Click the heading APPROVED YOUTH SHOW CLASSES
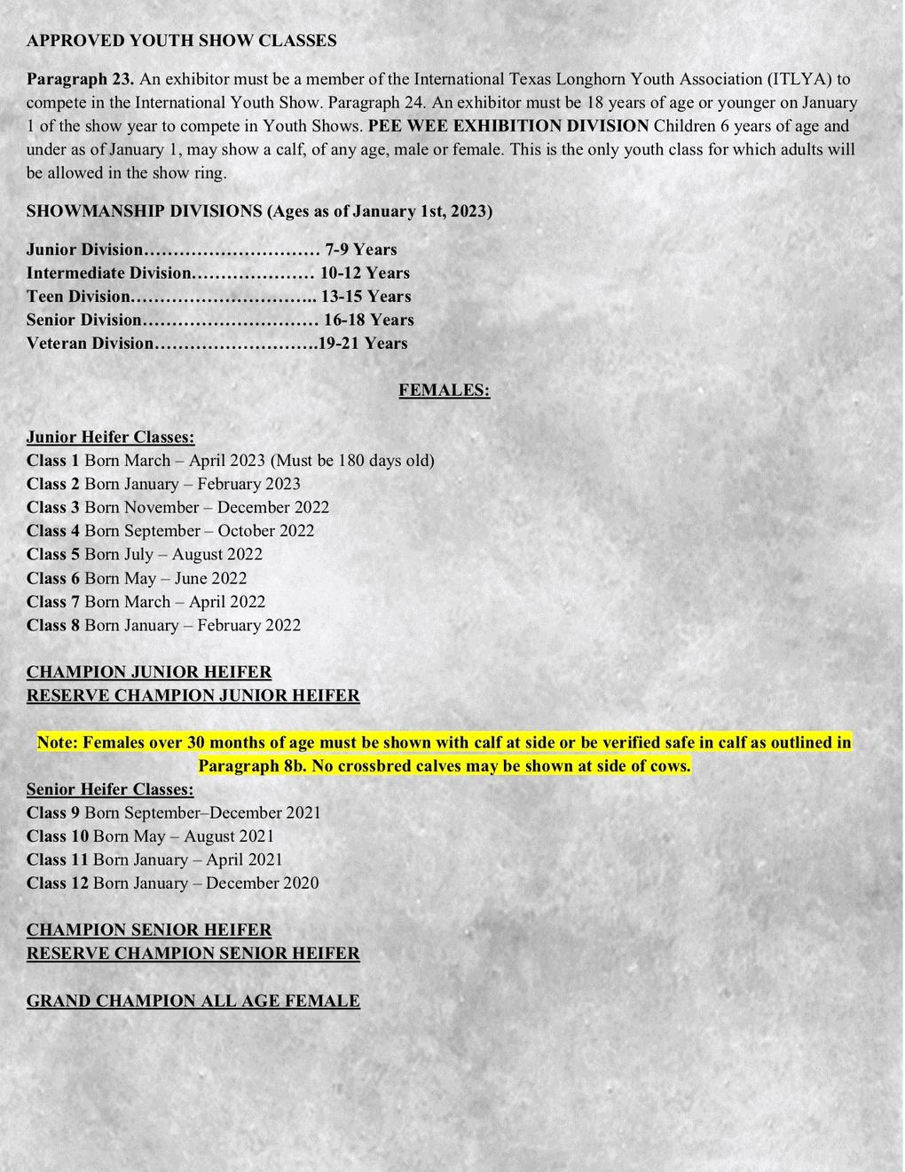(x=181, y=40)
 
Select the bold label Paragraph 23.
(x=80, y=79)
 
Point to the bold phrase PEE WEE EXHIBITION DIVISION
(x=508, y=126)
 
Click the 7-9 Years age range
(x=361, y=249)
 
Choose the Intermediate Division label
(x=108, y=273)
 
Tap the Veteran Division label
(x=90, y=344)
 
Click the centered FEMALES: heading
(x=444, y=390)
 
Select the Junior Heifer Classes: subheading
(x=110, y=437)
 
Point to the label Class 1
(x=53, y=460)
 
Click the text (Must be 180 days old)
(x=352, y=460)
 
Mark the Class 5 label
(x=53, y=554)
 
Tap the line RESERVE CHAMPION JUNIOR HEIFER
(x=193, y=695)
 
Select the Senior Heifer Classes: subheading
(x=110, y=789)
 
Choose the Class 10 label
(x=58, y=836)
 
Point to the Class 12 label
(x=58, y=883)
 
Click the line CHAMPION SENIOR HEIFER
(x=149, y=930)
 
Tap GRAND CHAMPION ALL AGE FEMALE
(x=193, y=1001)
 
